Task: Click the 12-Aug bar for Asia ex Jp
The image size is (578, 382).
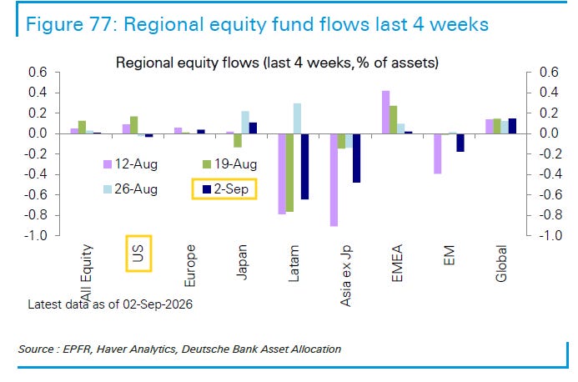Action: [x=334, y=180]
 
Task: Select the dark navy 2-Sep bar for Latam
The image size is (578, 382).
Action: [x=305, y=166]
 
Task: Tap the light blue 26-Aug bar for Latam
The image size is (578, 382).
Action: [x=297, y=118]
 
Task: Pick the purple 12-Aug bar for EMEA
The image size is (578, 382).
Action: [x=385, y=113]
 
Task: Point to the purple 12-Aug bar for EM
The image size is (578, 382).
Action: [x=438, y=153]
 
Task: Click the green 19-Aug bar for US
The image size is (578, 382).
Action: [x=133, y=125]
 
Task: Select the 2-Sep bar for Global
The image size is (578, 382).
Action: [x=512, y=126]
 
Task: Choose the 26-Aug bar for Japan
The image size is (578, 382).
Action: [x=245, y=123]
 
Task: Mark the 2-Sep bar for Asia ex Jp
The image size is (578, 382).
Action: [x=356, y=158]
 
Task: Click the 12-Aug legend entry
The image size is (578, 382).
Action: [x=130, y=164]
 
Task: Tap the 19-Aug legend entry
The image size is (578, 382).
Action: [x=230, y=164]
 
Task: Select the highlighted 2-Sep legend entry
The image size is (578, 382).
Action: [x=224, y=189]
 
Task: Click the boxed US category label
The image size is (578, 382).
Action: [x=138, y=254]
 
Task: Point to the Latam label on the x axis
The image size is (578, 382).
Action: [x=294, y=264]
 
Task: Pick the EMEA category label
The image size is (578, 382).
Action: [x=397, y=263]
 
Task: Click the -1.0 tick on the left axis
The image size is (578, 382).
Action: [x=36, y=235]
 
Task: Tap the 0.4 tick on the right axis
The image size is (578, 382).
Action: [x=550, y=93]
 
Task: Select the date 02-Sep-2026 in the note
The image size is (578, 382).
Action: [x=158, y=304]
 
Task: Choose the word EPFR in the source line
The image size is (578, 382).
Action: [x=77, y=349]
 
